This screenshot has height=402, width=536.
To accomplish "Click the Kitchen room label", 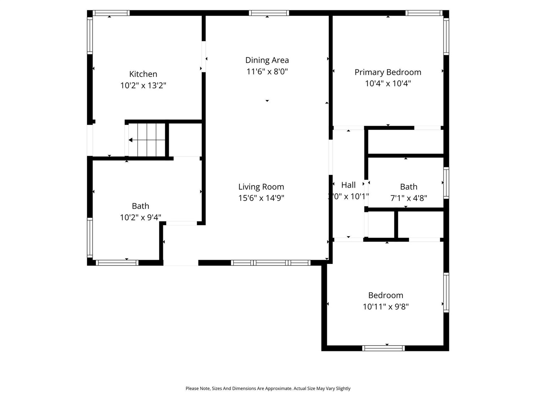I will click(143, 74).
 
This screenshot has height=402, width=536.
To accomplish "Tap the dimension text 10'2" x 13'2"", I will click(143, 85).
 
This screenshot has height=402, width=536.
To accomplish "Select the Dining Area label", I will click(267, 60).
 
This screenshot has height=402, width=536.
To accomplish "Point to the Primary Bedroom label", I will click(388, 72).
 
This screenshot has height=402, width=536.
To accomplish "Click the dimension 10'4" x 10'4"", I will click(388, 83).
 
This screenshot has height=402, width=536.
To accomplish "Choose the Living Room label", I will click(261, 187).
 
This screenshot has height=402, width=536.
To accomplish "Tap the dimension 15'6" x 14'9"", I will click(261, 198).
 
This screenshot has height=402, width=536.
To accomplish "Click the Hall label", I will click(348, 185).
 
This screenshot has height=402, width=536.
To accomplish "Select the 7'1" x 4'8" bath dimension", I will click(408, 198).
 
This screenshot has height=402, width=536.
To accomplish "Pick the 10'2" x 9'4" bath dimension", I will click(140, 217).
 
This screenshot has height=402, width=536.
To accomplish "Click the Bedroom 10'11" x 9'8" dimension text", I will click(385, 307).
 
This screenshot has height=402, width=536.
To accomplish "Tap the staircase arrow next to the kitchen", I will click(131, 140).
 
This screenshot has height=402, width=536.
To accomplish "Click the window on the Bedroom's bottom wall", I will click(383, 348).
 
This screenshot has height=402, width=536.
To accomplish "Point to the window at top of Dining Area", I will click(269, 13).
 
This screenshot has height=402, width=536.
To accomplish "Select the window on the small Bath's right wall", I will click(446, 183).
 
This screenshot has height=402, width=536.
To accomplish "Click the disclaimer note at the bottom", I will click(268, 389).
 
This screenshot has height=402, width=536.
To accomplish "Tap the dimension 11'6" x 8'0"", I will click(267, 72).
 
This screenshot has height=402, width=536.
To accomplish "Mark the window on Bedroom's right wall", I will click(446, 292).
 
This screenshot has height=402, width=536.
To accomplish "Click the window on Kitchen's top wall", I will click(111, 13).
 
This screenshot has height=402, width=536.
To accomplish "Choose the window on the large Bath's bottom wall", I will click(117, 263).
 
